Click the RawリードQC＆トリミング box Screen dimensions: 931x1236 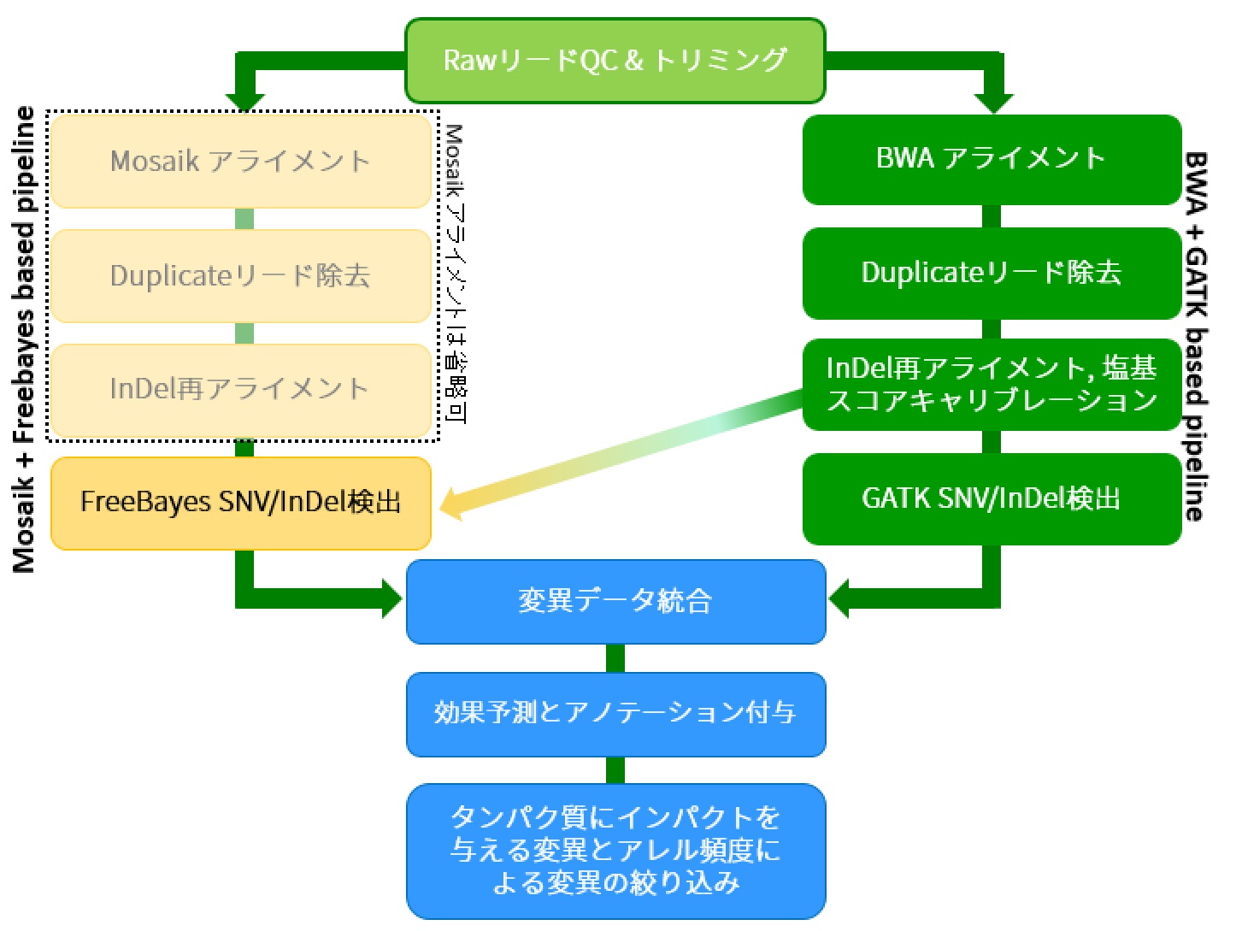click(615, 61)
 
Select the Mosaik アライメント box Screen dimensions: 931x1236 click(240, 161)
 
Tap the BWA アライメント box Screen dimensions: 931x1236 click(992, 159)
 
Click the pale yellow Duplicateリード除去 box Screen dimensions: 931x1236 click(240, 275)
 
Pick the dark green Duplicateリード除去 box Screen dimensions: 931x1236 click(992, 273)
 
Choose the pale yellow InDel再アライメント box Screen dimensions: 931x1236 click(240, 389)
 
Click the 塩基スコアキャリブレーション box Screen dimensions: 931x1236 click(992, 384)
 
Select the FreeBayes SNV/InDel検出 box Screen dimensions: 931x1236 click(240, 502)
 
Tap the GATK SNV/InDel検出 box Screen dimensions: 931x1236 click(992, 498)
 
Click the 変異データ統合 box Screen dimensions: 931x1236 click(615, 601)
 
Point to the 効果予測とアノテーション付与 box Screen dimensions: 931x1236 click(615, 713)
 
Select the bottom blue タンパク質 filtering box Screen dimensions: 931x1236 click(615, 851)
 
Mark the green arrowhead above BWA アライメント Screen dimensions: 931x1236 click(992, 102)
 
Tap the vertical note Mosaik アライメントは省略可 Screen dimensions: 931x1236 click(455, 274)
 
